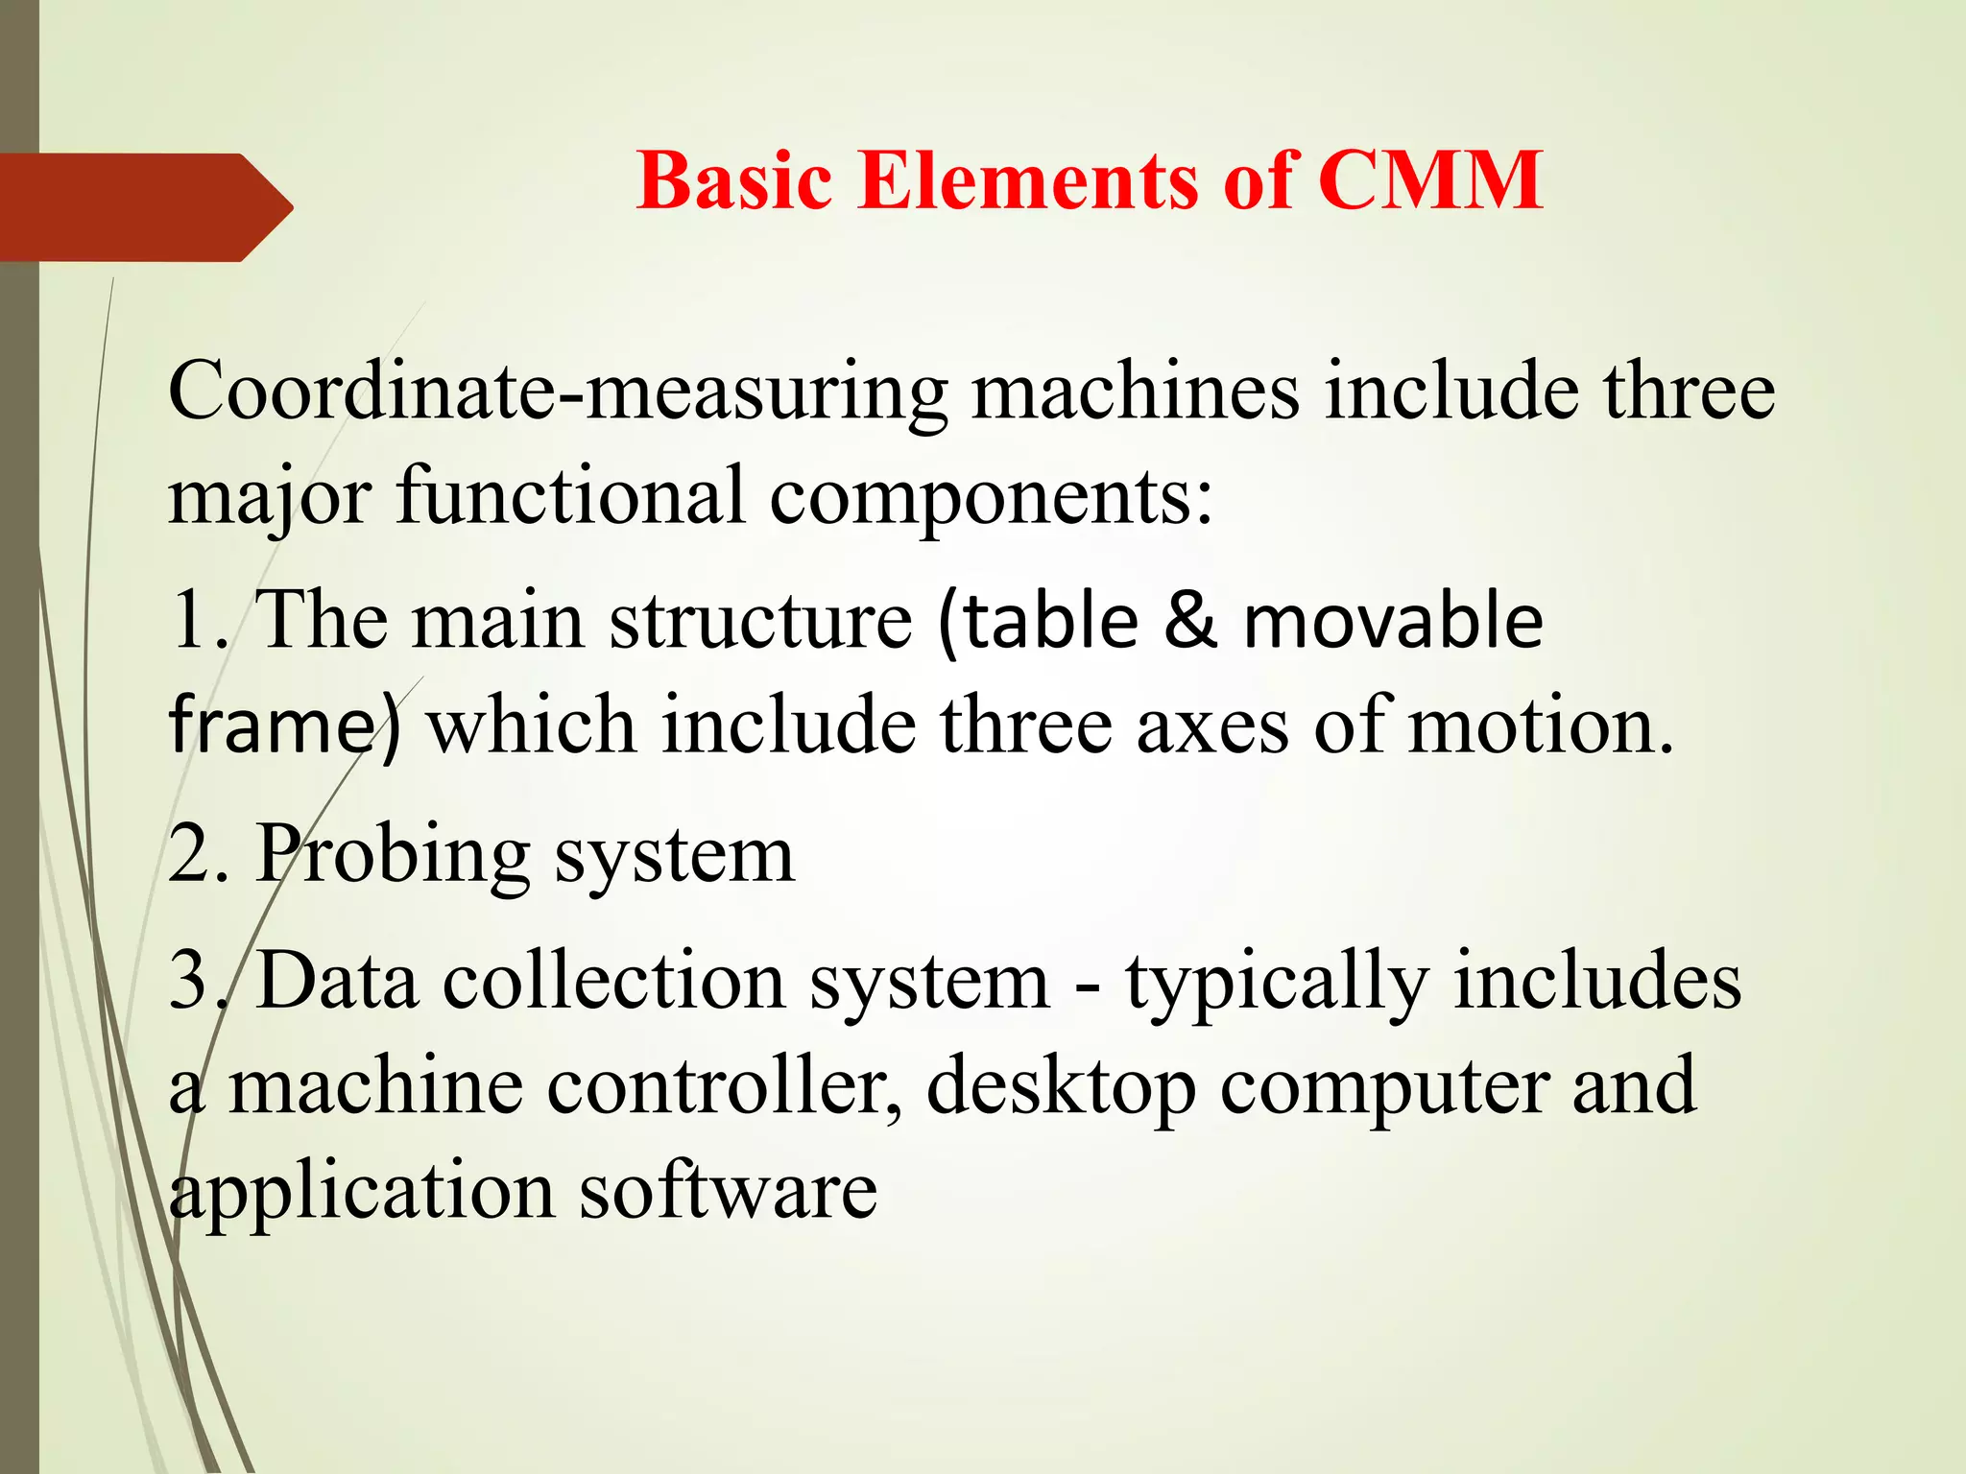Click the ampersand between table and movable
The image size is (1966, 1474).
pyautogui.click(x=1189, y=622)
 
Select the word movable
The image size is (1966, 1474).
pyautogui.click(x=1393, y=622)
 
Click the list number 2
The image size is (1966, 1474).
pyautogui.click(x=191, y=854)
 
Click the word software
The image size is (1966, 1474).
pyautogui.click(x=729, y=1192)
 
